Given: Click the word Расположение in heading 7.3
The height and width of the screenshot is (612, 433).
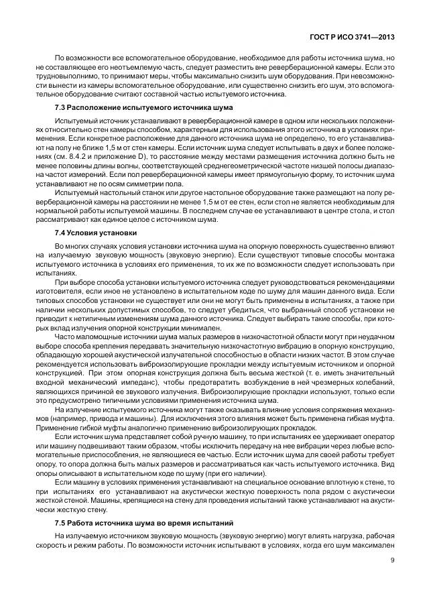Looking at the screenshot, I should (98, 107).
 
